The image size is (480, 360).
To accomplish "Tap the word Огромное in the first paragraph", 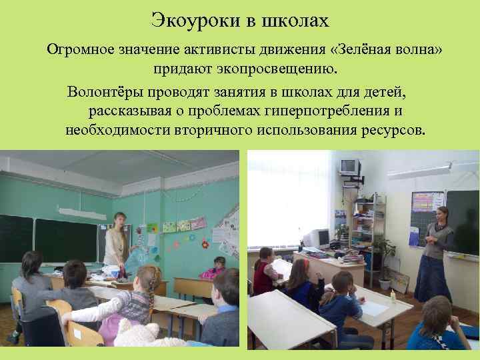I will [x=85, y=51].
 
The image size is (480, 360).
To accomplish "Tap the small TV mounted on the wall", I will [x=349, y=167].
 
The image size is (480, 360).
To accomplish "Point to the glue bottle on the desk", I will [x=393, y=297].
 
